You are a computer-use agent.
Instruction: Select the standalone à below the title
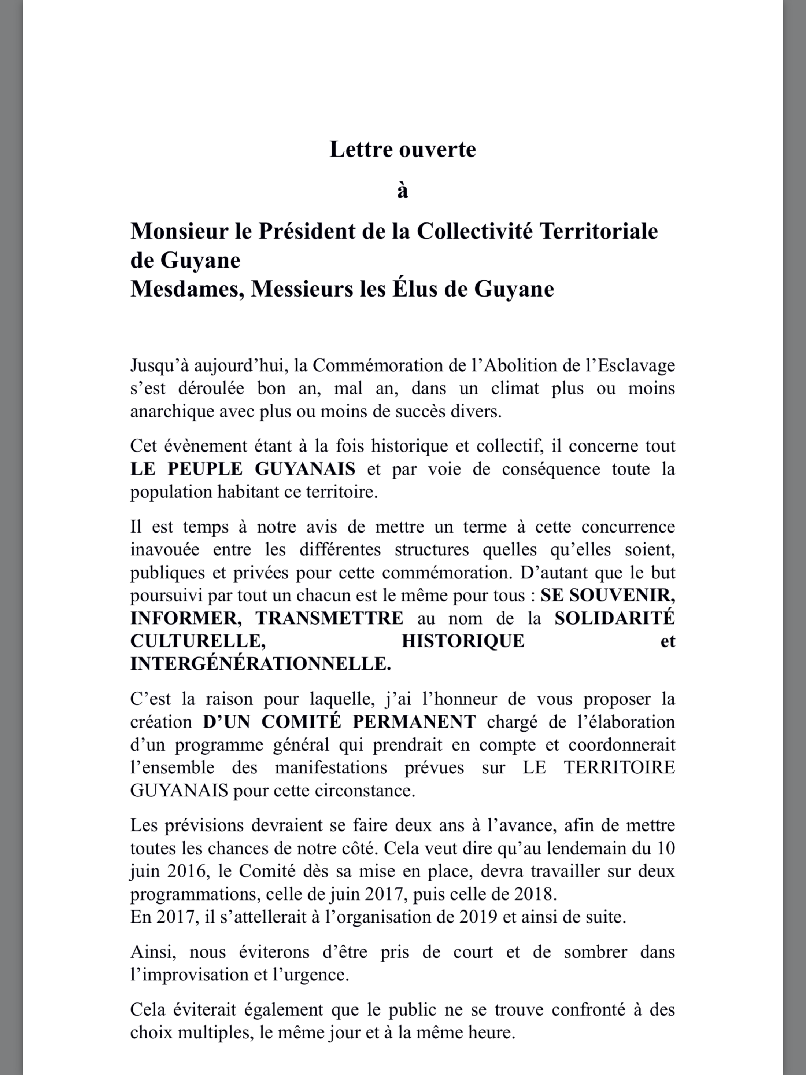(402, 191)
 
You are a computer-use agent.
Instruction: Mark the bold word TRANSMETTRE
(329, 618)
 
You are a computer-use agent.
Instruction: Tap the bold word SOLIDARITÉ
(615, 618)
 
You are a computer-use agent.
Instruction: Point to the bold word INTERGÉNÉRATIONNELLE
(260, 664)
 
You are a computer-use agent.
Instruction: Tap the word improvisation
(191, 975)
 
